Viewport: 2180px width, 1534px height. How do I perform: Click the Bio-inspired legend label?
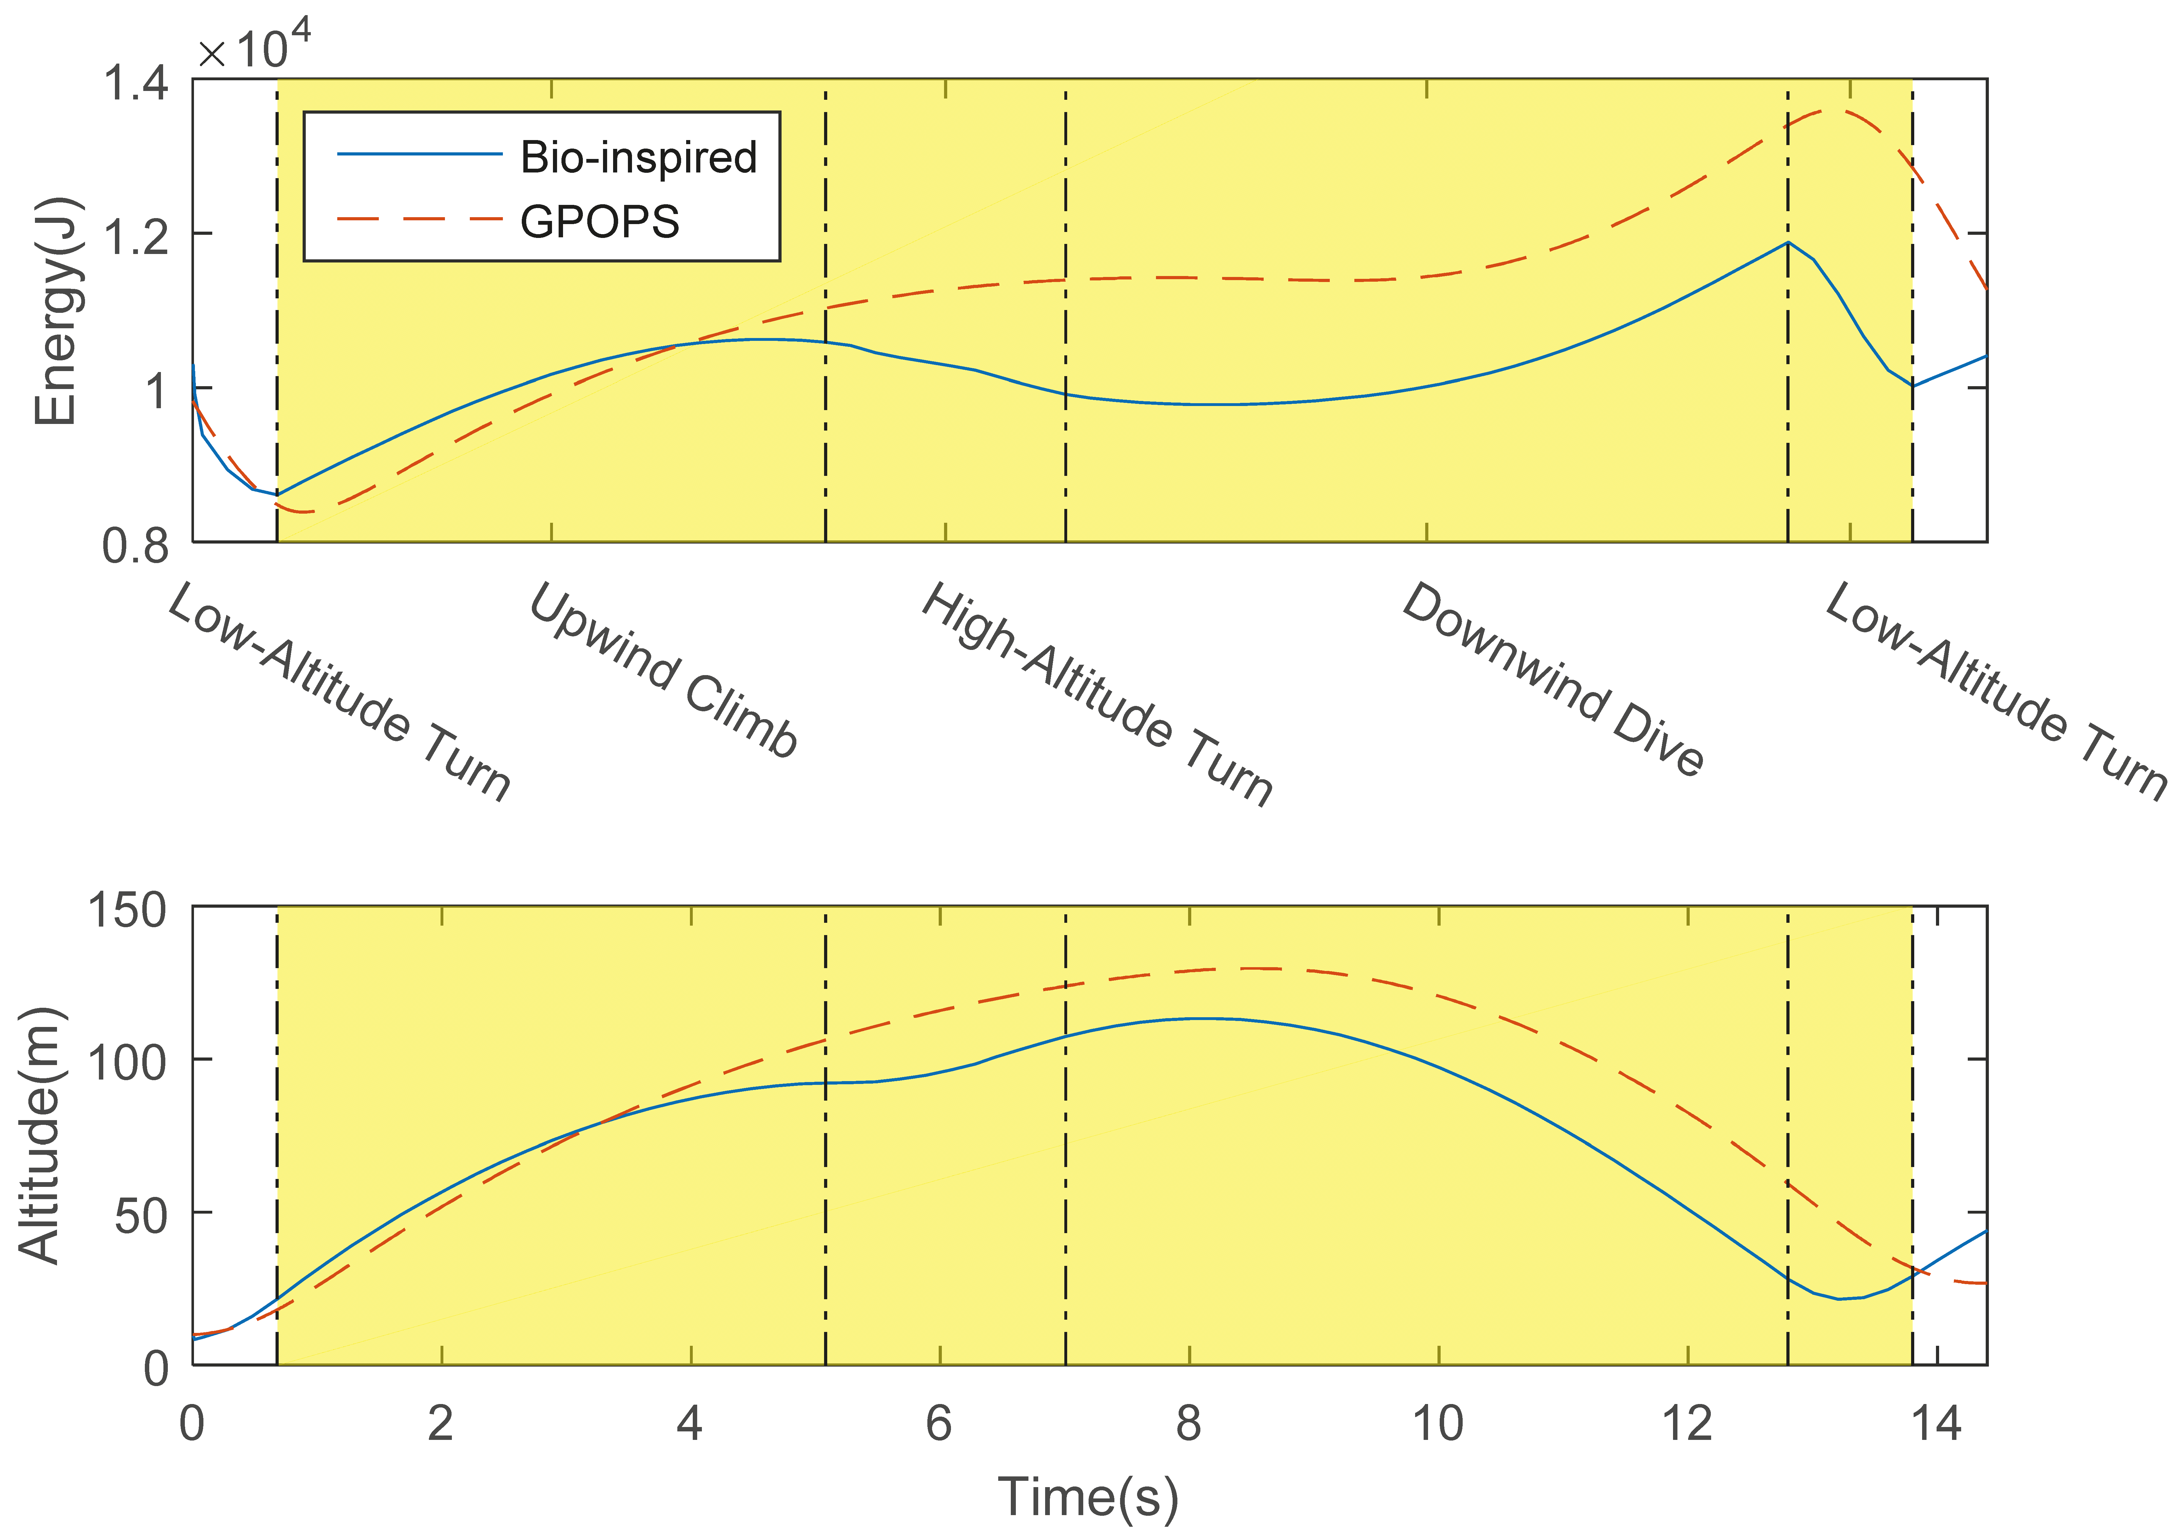click(638, 158)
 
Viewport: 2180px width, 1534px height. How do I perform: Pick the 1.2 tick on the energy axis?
click(136, 236)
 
